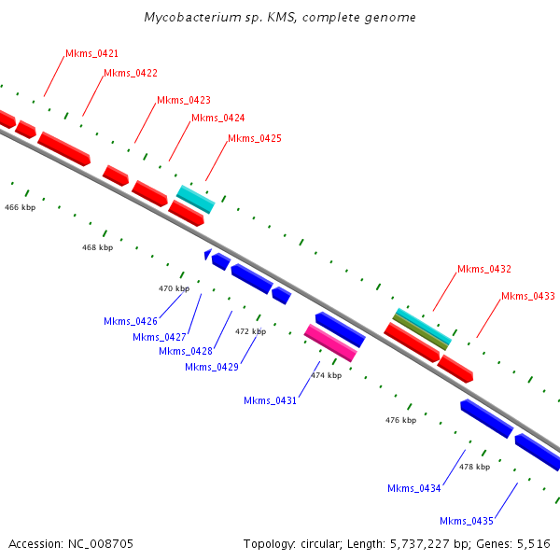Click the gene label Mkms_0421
[91, 54]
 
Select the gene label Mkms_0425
[255, 138]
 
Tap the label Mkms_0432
[483, 269]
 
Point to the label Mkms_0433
[527, 297]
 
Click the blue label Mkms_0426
[131, 321]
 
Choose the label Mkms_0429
[212, 367]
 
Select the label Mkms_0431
[270, 400]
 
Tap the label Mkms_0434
[414, 488]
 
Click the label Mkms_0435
[467, 521]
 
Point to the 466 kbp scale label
[20, 206]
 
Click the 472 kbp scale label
[250, 331]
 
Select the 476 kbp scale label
[400, 420]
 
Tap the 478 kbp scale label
[474, 467]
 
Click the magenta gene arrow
[330, 343]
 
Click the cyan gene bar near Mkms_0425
[196, 198]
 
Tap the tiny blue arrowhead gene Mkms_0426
[207, 254]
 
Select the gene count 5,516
[532, 543]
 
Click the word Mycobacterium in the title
[185, 18]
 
